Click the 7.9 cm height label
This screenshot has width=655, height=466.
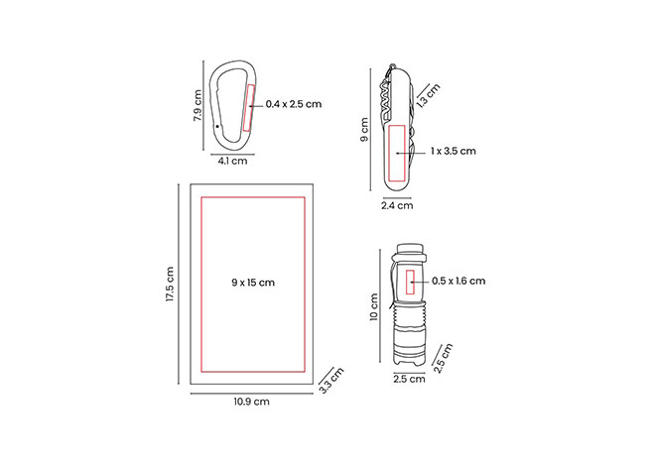[197, 105]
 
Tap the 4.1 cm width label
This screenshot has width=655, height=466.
[232, 161]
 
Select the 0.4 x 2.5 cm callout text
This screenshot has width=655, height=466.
[294, 104]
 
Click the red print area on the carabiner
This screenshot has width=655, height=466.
[248, 108]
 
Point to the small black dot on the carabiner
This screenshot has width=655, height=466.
[217, 126]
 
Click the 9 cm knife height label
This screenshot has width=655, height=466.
[364, 129]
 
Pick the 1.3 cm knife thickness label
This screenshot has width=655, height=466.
[429, 96]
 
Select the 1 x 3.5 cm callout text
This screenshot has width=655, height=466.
[454, 151]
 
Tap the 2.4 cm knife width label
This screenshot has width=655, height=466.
[397, 205]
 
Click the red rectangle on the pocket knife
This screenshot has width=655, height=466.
[397, 153]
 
